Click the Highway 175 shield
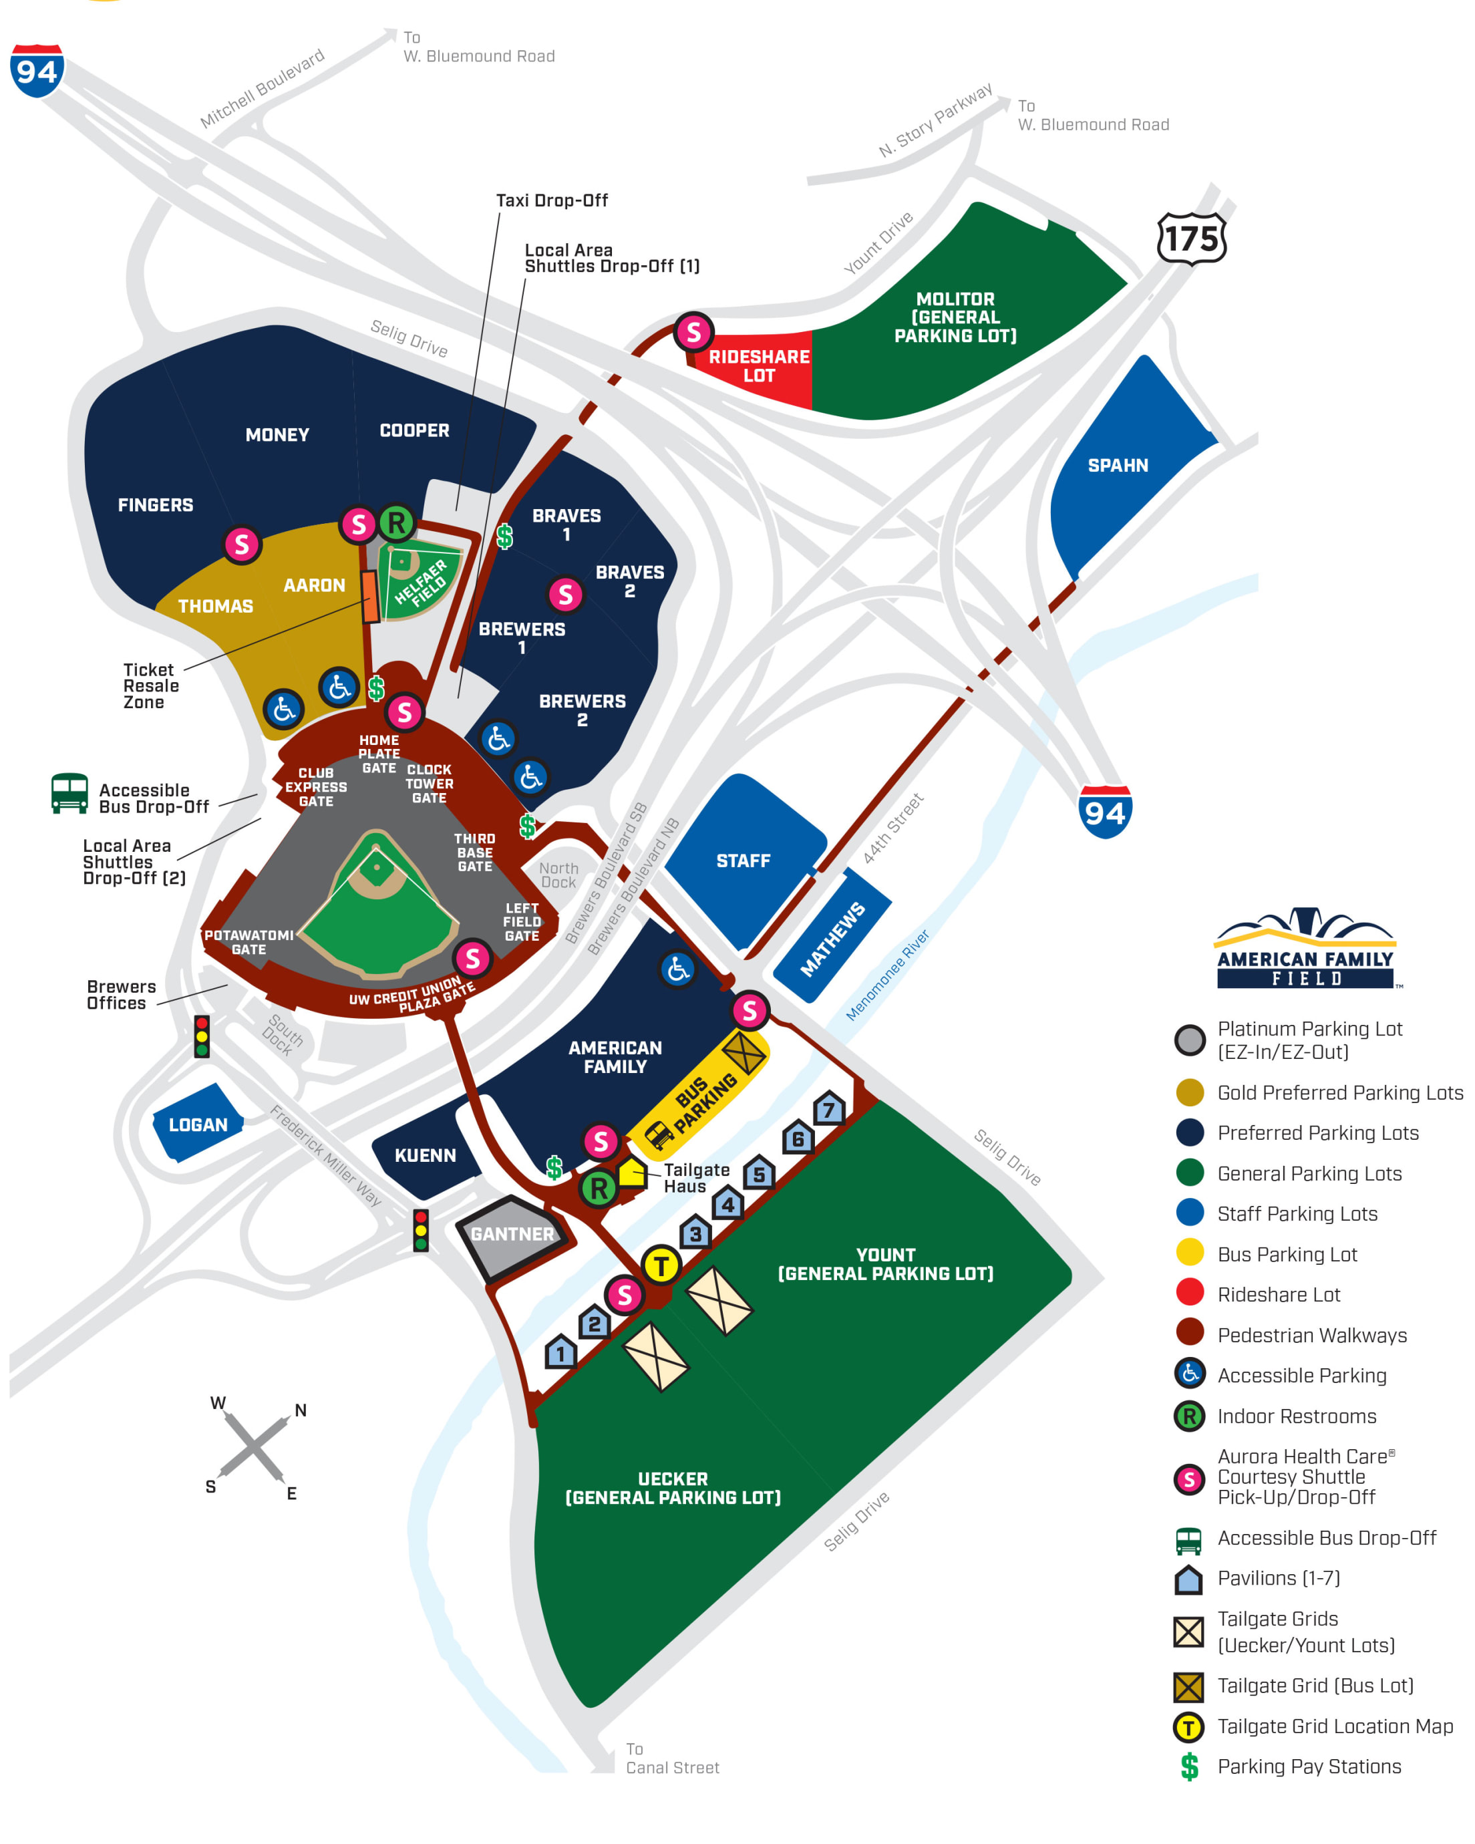pyautogui.click(x=1191, y=239)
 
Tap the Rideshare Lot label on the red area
pyautogui.click(x=758, y=366)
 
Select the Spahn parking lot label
pyautogui.click(x=1118, y=465)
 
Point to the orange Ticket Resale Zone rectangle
pyautogui.click(x=370, y=597)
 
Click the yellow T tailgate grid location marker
pyautogui.click(x=661, y=1265)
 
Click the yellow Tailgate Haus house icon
pyautogui.click(x=632, y=1172)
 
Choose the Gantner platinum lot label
pyautogui.click(x=512, y=1234)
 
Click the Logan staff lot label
pyautogui.click(x=198, y=1124)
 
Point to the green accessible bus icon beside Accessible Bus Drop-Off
pyautogui.click(x=69, y=793)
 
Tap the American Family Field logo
pyautogui.click(x=1306, y=950)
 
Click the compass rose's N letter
pyautogui.click(x=300, y=1410)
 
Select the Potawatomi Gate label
pyautogui.click(x=248, y=941)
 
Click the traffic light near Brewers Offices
pyautogui.click(x=202, y=1037)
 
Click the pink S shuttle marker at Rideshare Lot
pyautogui.click(x=693, y=332)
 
